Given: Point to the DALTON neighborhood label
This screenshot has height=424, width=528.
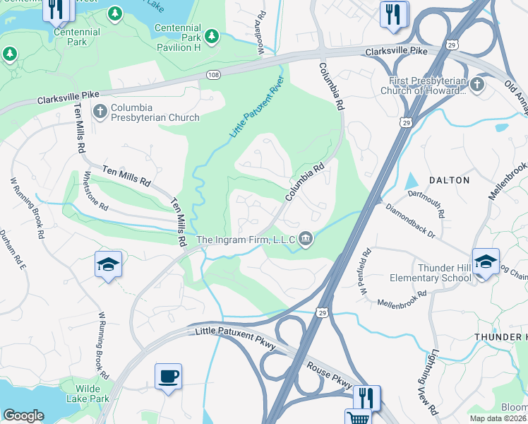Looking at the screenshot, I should pos(449,180).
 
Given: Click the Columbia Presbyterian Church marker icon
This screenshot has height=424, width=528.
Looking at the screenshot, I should pos(100,110).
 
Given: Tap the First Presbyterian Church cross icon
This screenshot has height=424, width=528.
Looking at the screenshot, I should pos(477,85).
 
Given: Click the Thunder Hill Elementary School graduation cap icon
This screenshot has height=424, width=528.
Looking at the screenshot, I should pos(485,262).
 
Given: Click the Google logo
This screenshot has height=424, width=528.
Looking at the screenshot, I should pos(23,416).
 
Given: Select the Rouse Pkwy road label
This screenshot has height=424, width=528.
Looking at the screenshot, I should pos(329,377).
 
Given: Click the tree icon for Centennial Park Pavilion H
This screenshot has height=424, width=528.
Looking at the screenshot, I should pos(212,35).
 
